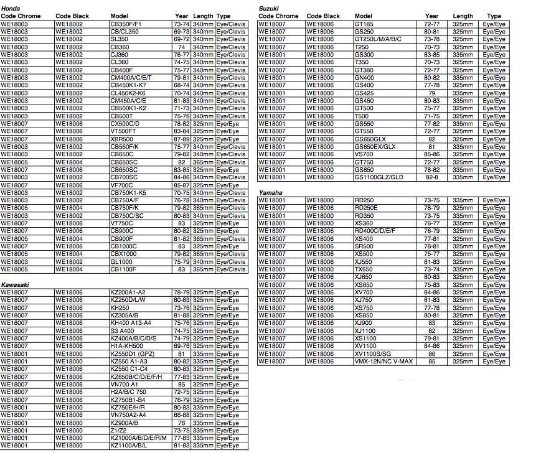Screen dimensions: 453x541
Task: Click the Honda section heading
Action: [x=10, y=8]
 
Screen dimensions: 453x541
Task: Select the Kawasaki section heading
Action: [x=15, y=284]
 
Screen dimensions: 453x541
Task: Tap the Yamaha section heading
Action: [x=270, y=193]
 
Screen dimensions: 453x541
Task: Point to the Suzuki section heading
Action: [x=268, y=8]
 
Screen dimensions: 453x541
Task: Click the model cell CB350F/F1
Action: [x=126, y=24]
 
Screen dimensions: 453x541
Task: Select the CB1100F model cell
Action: [x=123, y=269]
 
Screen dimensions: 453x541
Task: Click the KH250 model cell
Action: [x=120, y=307]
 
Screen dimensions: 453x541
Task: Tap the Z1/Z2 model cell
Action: [x=118, y=431]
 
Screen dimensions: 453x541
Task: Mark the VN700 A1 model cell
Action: [x=125, y=385]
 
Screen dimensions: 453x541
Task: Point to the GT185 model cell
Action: [x=364, y=24]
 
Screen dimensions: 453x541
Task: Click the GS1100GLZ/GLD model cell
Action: [x=379, y=177]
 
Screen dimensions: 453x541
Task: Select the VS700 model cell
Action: [x=364, y=154]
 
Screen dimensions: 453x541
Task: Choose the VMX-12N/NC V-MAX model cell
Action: [x=383, y=362]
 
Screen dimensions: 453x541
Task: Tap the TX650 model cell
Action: [x=364, y=269]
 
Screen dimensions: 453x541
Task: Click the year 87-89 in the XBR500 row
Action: [x=182, y=139]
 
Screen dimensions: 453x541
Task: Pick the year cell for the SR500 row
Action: [x=431, y=246]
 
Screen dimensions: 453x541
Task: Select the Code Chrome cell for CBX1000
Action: [x=14, y=254]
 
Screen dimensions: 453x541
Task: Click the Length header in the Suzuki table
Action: [x=463, y=16]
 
